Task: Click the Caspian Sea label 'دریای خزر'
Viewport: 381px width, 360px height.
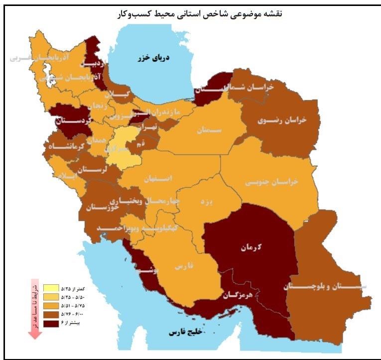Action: (x=154, y=58)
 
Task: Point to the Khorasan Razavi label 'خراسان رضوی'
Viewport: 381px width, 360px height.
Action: (x=282, y=120)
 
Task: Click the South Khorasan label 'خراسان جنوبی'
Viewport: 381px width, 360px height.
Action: (x=271, y=182)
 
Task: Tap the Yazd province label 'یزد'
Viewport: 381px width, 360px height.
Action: (x=205, y=203)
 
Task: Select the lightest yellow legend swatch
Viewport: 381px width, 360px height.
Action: (x=51, y=288)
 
